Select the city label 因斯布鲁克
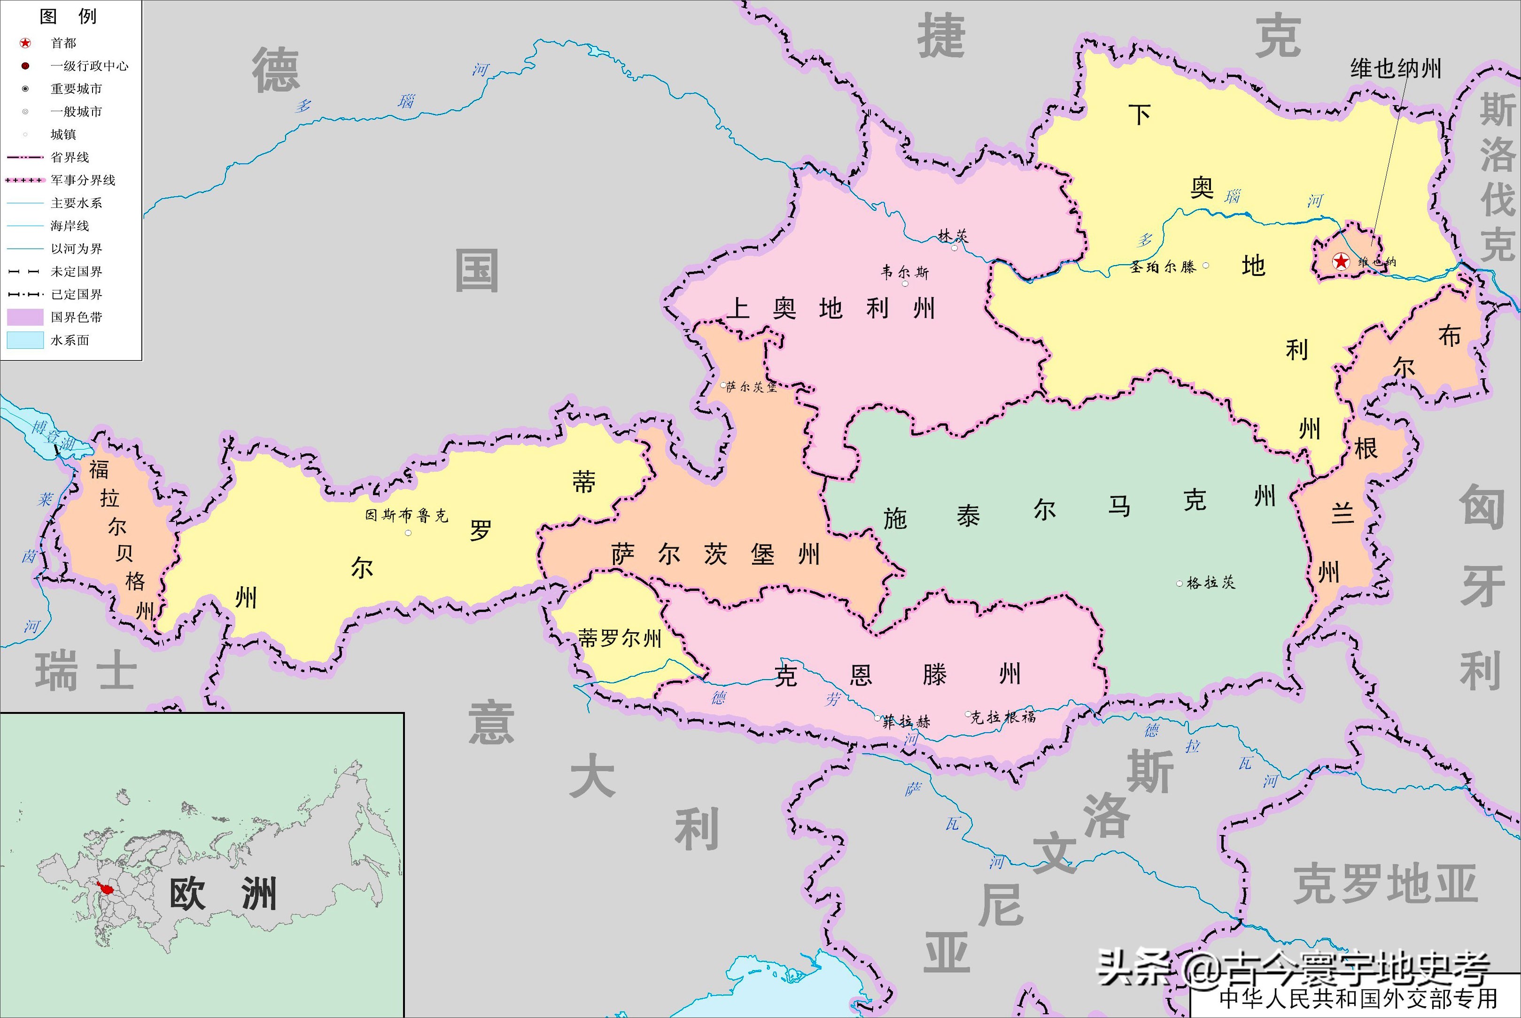coord(407,515)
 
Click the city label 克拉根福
coord(1003,717)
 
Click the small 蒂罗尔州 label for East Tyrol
coord(620,639)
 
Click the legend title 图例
coord(68,16)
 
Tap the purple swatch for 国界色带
coord(25,317)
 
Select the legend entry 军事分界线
coord(83,180)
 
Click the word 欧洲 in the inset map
coord(223,894)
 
